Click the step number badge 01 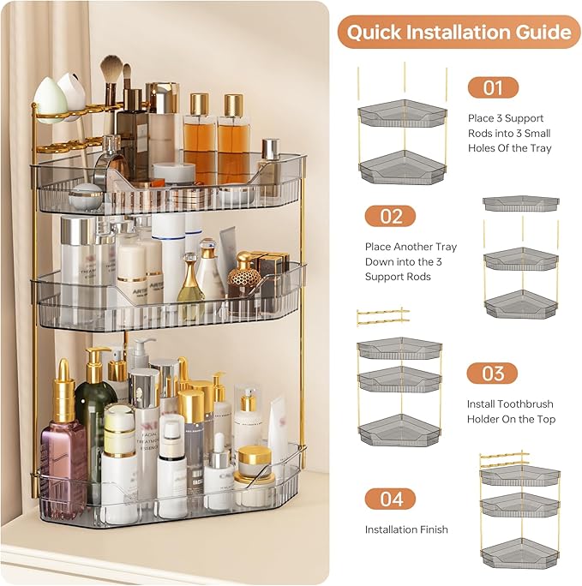[x=493, y=87]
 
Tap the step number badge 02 [x=390, y=216]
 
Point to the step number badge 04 [x=390, y=499]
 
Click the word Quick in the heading [x=377, y=33]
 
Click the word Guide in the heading [x=543, y=33]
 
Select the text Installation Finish [x=406, y=529]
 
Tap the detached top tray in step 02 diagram [x=521, y=203]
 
